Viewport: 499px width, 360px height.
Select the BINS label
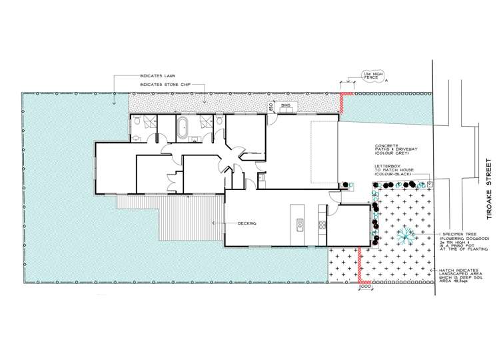[x=285, y=106]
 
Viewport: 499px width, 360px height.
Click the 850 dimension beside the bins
[x=271, y=106]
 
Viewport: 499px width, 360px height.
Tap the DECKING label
[x=248, y=223]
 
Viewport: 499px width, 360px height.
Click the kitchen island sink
[x=300, y=224]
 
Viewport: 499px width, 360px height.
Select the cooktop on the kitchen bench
[x=322, y=226]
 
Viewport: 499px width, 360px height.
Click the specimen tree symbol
[x=402, y=234]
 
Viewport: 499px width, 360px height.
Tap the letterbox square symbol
[x=430, y=182]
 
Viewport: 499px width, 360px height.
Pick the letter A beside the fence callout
[x=386, y=81]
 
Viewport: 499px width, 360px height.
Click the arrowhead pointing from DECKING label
[x=213, y=223]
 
